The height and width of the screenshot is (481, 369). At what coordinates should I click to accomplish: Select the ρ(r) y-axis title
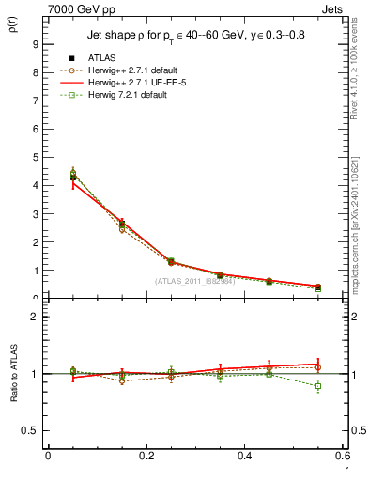coord(12,26)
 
